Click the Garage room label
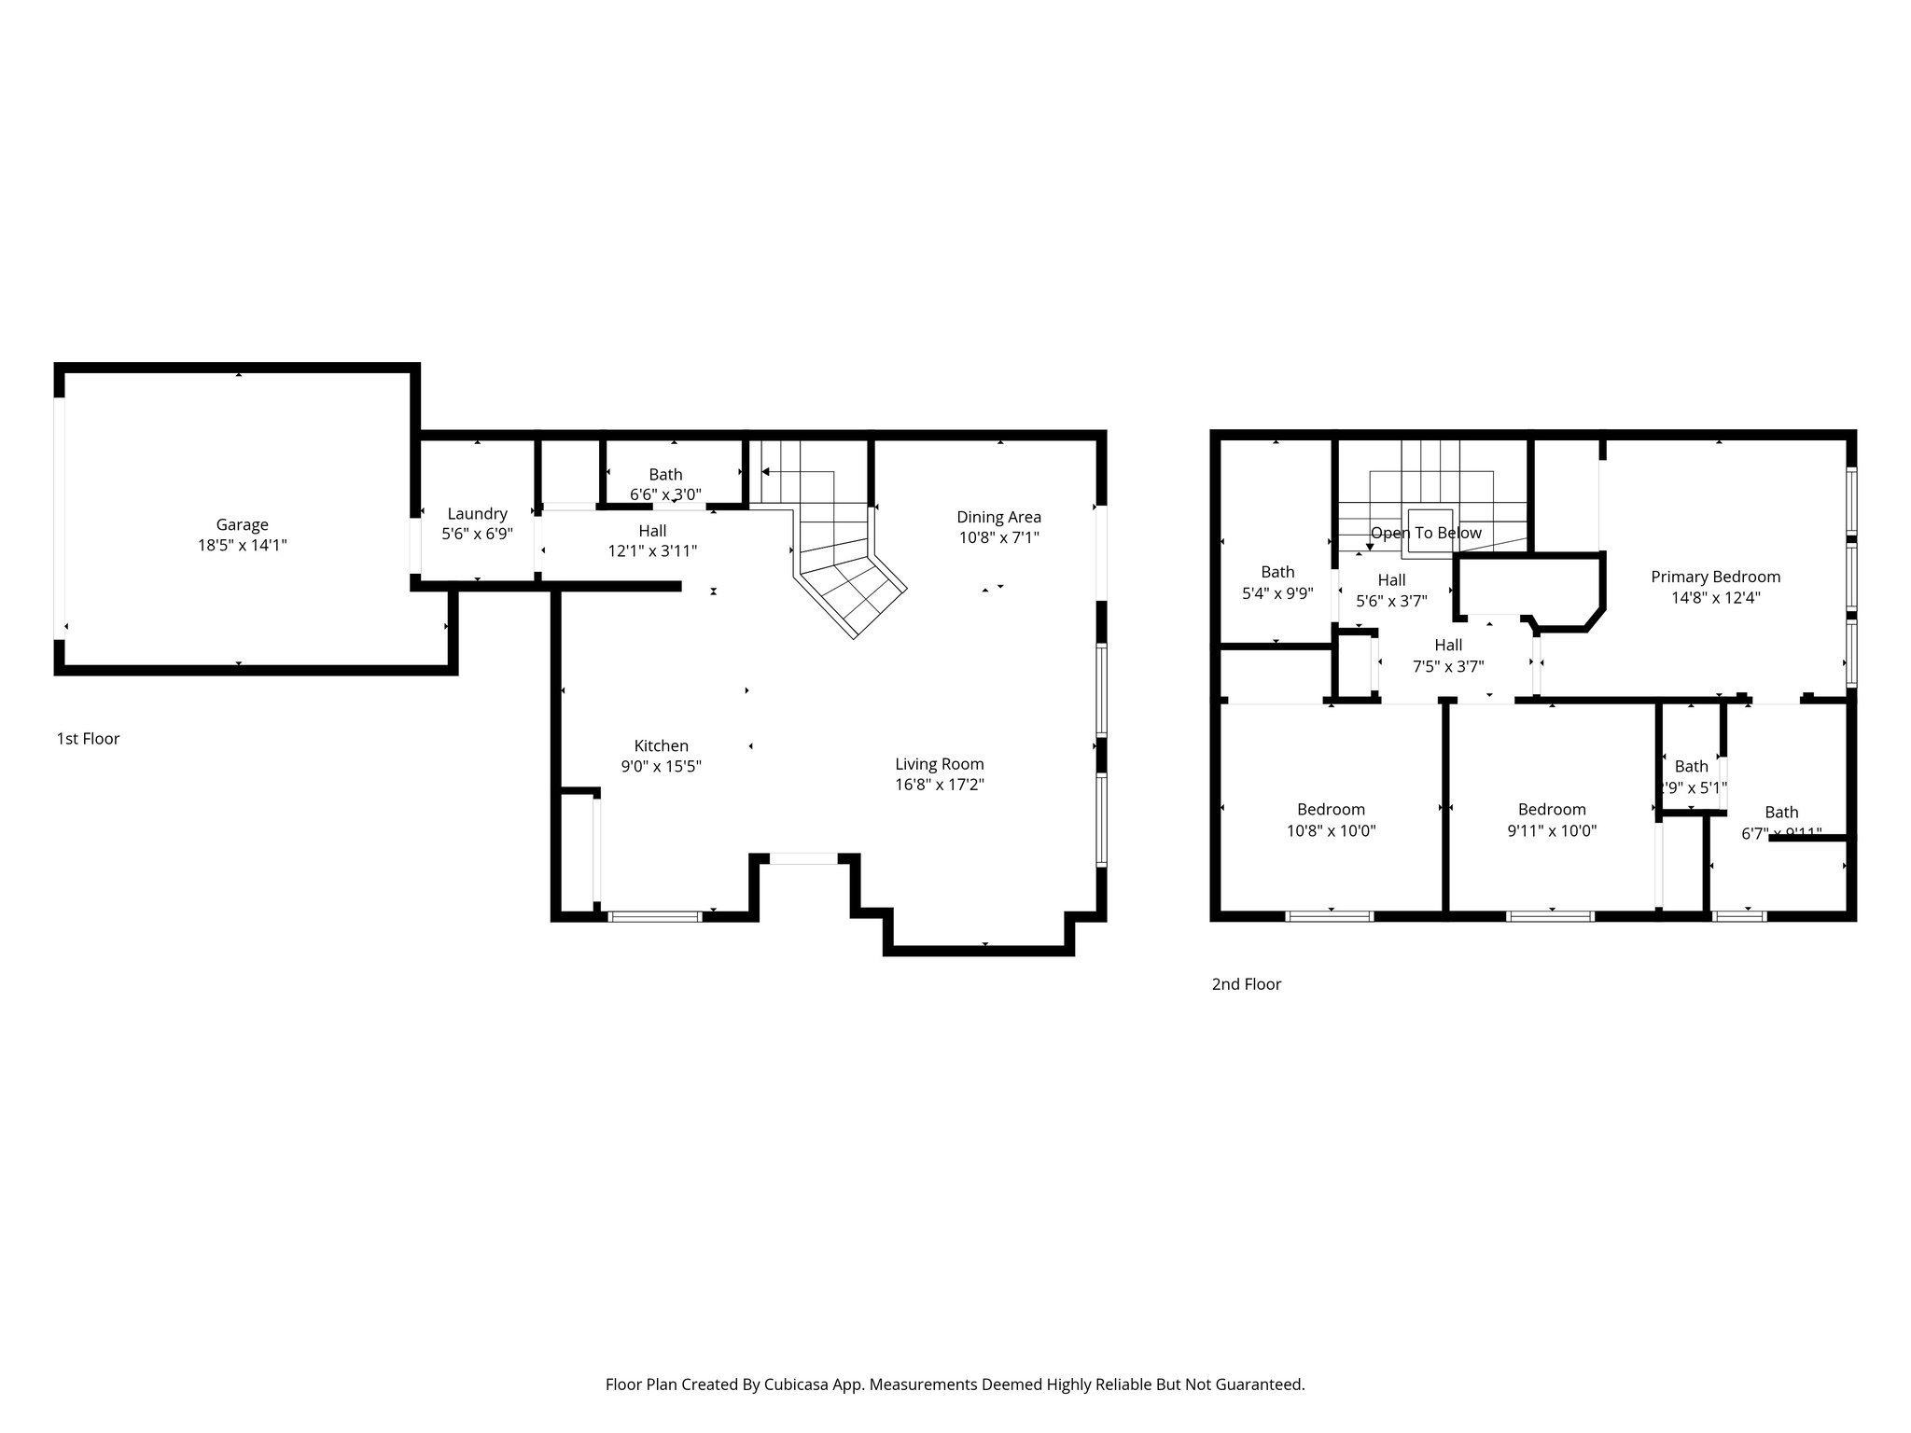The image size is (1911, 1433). tap(242, 524)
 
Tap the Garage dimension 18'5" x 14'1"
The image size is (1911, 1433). tap(242, 545)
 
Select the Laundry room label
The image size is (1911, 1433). tap(477, 513)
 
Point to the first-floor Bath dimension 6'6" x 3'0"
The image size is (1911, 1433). tap(665, 494)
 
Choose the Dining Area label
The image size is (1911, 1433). tap(998, 517)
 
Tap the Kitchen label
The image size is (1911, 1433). tap(661, 745)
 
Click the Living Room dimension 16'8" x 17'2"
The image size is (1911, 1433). tap(939, 785)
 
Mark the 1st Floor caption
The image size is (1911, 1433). tap(88, 739)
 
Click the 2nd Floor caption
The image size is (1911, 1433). tap(1246, 984)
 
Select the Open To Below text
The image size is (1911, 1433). tap(1426, 533)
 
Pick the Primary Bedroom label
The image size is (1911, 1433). tap(1715, 577)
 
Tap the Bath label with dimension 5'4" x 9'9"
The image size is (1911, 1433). tap(1277, 572)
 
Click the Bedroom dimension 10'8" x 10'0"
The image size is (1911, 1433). tap(1331, 830)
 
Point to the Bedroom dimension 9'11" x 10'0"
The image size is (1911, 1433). tap(1551, 830)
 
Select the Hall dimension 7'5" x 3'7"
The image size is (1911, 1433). tap(1448, 666)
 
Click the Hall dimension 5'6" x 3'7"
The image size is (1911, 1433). tap(1391, 601)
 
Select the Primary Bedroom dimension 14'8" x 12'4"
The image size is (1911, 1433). tap(1715, 598)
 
